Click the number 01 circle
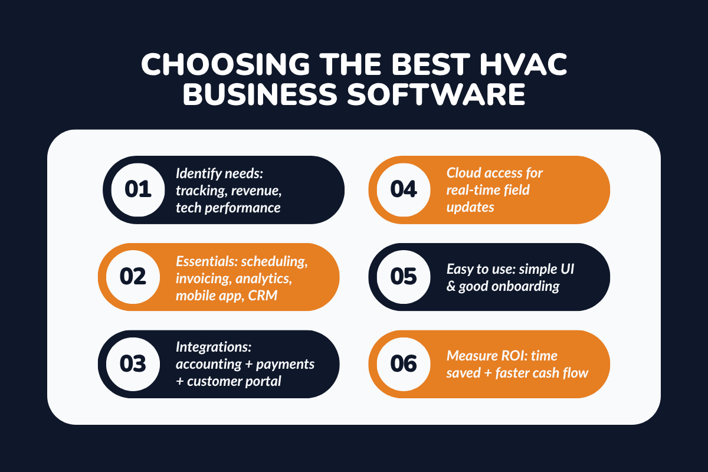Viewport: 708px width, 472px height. click(x=138, y=190)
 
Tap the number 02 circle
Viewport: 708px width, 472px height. click(x=133, y=277)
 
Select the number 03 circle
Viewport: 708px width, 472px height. click(x=133, y=364)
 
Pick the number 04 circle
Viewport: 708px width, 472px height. click(x=404, y=190)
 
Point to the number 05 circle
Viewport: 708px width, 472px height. click(x=404, y=277)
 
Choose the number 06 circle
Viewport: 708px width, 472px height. click(x=404, y=364)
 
